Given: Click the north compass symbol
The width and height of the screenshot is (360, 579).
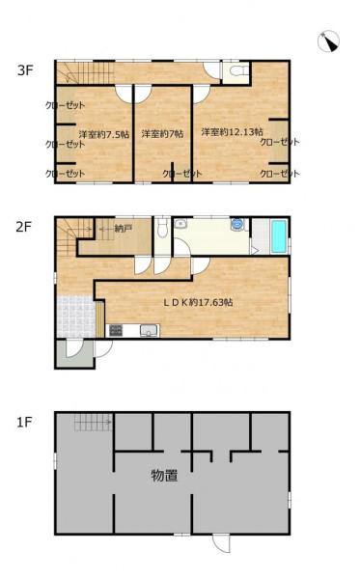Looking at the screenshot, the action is pos(328,41).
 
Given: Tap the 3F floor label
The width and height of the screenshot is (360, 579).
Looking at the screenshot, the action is pos(25,70).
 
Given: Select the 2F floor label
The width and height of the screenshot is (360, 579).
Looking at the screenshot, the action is pos(23,227).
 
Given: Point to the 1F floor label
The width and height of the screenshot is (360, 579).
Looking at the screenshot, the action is pos(24,422).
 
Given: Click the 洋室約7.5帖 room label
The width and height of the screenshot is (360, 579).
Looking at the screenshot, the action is pos(104,134).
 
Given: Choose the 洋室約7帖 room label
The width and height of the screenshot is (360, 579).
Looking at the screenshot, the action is pos(162,134).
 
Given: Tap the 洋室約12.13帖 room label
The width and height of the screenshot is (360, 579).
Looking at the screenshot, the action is pos(232,132).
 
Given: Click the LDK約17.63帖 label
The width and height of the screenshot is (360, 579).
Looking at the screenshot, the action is pos(198,302).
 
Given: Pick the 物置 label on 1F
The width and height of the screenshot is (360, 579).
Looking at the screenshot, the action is pos(164,476).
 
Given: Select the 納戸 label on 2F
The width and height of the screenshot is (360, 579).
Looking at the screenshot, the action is pos(124,229).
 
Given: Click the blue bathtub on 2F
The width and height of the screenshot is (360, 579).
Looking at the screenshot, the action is pos(279,236).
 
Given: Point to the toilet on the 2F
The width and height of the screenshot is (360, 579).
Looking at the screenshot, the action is pos(162,229).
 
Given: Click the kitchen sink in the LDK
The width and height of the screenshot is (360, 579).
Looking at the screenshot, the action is pos(149,330).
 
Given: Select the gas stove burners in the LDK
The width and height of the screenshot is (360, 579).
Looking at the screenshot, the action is pos(116,330).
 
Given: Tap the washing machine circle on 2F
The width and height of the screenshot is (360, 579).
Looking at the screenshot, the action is pos(237,224).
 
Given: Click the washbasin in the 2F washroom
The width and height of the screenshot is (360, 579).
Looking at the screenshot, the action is pos(180,224).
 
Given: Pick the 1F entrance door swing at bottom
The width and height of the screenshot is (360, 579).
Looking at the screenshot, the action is pos(222,543).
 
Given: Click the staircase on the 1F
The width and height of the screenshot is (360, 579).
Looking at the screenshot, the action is pos(93,422).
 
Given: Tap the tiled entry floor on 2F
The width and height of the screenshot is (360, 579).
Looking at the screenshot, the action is pos(76,316).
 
